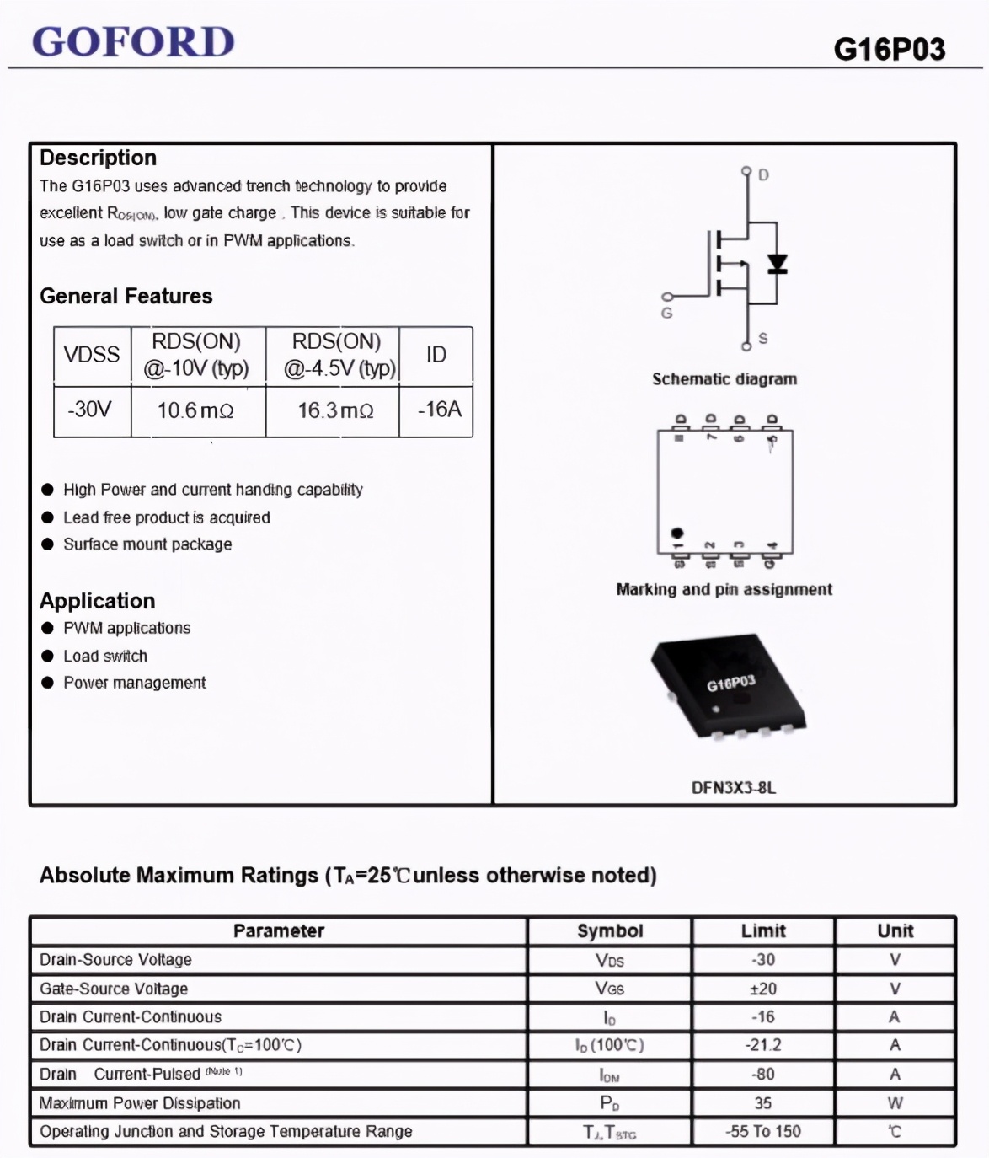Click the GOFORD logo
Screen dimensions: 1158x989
pos(133,41)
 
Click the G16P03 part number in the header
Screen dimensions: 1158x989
pos(889,50)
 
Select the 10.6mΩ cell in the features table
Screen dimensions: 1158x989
pos(195,410)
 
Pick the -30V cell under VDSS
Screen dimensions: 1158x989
pos(90,410)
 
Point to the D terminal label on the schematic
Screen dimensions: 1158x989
pos(763,175)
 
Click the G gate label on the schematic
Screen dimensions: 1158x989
pos(666,314)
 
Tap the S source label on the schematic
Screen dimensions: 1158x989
pos(762,339)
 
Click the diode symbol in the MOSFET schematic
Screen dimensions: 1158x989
pos(777,265)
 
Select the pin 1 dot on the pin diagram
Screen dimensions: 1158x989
pos(676,533)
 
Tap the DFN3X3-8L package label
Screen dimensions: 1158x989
pos(733,788)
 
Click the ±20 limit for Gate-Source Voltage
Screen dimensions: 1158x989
pos(763,989)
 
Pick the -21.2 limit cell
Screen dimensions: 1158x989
pos(763,1045)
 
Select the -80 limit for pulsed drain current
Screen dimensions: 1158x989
pos(763,1074)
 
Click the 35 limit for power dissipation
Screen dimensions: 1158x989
pos(763,1102)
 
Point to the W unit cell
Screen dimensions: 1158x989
pos(895,1102)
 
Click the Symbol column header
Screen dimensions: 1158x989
pos(610,930)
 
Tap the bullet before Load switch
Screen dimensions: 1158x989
pos(47,656)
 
